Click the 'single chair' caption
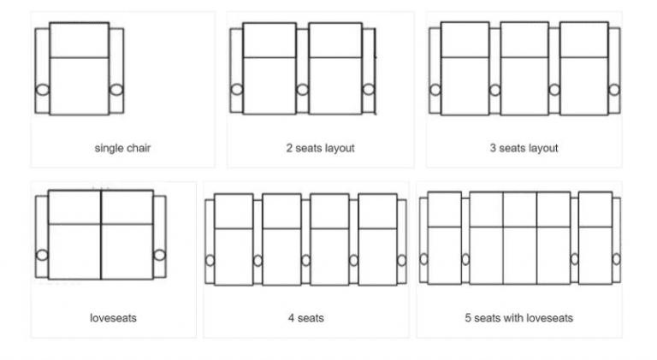pos(122,148)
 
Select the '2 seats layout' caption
pos(320,148)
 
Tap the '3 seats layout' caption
pos(524,148)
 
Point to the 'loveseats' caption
pos(113,318)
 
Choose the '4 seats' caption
pos(305,318)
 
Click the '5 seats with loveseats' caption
pos(518,318)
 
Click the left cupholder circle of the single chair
pos(42,90)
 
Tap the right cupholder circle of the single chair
pos(116,90)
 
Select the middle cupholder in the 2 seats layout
pos(302,90)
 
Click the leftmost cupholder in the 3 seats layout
pos(435,90)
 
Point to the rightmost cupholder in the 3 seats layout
pos(613,90)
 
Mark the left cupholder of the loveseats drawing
pos(42,255)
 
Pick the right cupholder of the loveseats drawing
pos(158,255)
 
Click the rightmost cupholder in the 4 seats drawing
pos(401,261)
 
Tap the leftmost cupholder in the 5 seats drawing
pos(423,258)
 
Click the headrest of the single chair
pos(79,40)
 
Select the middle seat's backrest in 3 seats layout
pos(524,40)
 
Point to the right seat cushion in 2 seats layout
pos(334,86)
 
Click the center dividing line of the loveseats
pos(101,235)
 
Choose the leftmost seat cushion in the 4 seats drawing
pos(234,257)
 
